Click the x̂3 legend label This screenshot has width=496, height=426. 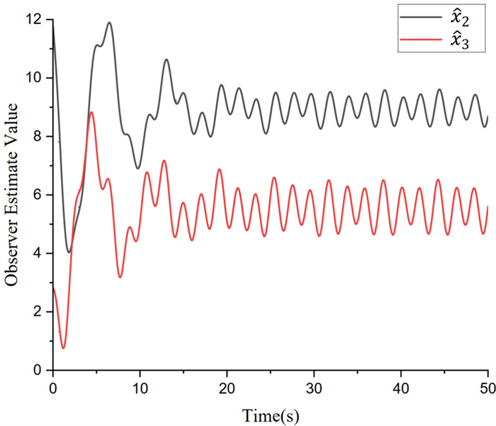click(x=461, y=45)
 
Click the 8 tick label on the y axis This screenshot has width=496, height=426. click(x=38, y=136)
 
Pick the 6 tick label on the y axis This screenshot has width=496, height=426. click(x=38, y=195)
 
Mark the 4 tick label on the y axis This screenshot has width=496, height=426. click(x=38, y=253)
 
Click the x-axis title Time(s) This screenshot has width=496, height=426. click(x=270, y=413)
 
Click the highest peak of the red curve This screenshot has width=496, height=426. click(x=91, y=112)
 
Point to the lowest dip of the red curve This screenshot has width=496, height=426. click(x=63, y=348)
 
